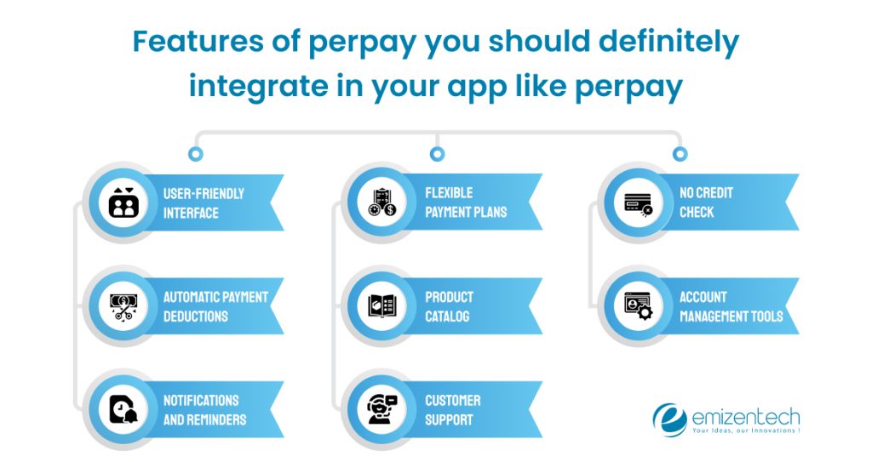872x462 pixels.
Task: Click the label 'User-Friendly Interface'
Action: coord(204,202)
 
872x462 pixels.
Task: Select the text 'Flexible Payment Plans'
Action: coord(465,202)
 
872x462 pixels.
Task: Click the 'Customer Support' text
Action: coord(453,410)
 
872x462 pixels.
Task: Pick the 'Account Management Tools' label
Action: coord(731,306)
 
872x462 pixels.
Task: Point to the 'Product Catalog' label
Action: coord(449,306)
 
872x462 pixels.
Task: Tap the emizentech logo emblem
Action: coord(669,419)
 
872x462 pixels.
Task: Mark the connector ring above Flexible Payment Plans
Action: coord(437,154)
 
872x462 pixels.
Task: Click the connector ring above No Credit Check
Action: coord(680,154)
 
